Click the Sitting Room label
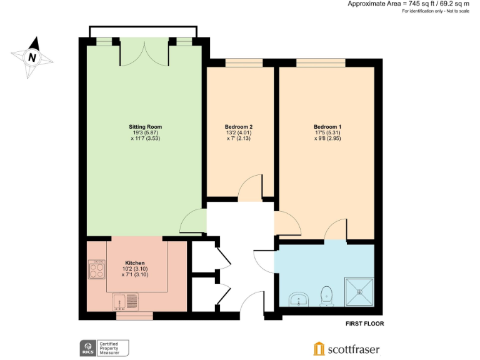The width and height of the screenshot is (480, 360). pos(145,127)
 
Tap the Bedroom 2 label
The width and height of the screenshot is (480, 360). pos(239,127)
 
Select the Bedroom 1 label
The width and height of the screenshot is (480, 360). pos(327,127)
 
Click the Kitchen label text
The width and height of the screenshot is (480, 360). pos(135,262)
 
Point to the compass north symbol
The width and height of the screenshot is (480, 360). pos(32,57)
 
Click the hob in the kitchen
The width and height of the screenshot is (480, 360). pos(96,270)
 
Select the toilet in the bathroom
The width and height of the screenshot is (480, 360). pos(325,295)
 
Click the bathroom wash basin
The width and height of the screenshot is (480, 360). pos(300,300)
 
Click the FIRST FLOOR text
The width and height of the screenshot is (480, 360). pos(364,324)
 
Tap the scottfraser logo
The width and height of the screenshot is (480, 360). pos(346,349)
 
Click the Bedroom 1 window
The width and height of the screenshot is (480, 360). pos(320,62)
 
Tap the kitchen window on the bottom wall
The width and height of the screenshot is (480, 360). pos(134,316)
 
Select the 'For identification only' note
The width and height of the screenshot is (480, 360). pos(436,12)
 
